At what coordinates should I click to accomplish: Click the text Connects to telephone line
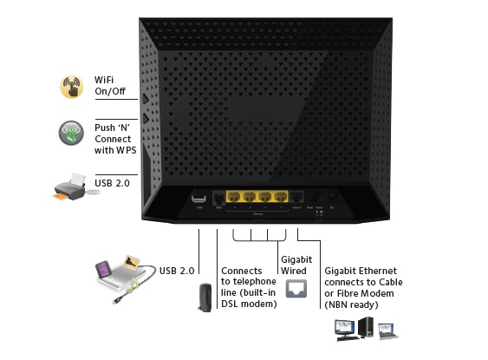(x=249, y=282)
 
